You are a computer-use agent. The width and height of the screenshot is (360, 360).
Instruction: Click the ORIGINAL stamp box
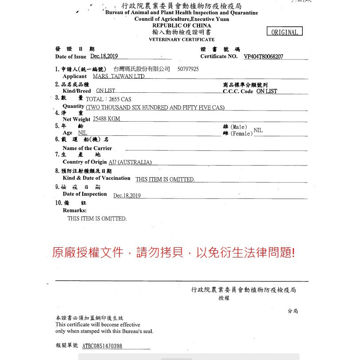pos(285,32)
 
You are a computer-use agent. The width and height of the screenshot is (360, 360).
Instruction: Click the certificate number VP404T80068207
pos(263,57)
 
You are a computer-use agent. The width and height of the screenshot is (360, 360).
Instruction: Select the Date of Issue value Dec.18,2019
pos(104,56)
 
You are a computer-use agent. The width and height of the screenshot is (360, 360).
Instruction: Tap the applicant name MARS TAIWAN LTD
pos(119,76)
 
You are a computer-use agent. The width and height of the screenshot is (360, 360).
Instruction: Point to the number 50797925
pos(188,69)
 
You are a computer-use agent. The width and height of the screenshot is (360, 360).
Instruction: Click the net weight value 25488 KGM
pos(107,119)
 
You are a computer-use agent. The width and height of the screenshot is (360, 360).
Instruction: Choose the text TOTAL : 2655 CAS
pos(108,99)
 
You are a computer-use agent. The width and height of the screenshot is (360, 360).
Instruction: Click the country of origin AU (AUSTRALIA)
pos(130,162)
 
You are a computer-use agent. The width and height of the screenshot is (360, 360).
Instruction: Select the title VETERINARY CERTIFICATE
pos(182,40)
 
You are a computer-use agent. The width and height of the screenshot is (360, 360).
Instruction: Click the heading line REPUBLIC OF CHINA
pos(182,26)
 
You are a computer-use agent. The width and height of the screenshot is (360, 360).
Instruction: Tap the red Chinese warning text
pos(173,253)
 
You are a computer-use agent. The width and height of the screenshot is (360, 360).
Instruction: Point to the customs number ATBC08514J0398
pos(102,346)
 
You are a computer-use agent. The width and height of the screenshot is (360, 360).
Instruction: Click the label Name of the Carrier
pos(87,148)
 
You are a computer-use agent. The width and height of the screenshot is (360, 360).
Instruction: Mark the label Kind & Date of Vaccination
pos(96,178)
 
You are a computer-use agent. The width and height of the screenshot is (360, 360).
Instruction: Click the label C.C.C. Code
pos(238,91)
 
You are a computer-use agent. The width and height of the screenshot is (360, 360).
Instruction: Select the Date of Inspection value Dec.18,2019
pos(127,196)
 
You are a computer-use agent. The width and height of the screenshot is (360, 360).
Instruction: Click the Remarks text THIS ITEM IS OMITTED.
pos(97,218)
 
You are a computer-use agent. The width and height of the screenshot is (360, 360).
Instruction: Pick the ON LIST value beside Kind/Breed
pos(106,91)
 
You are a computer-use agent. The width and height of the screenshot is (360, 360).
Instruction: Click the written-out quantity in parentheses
pos(155,107)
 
